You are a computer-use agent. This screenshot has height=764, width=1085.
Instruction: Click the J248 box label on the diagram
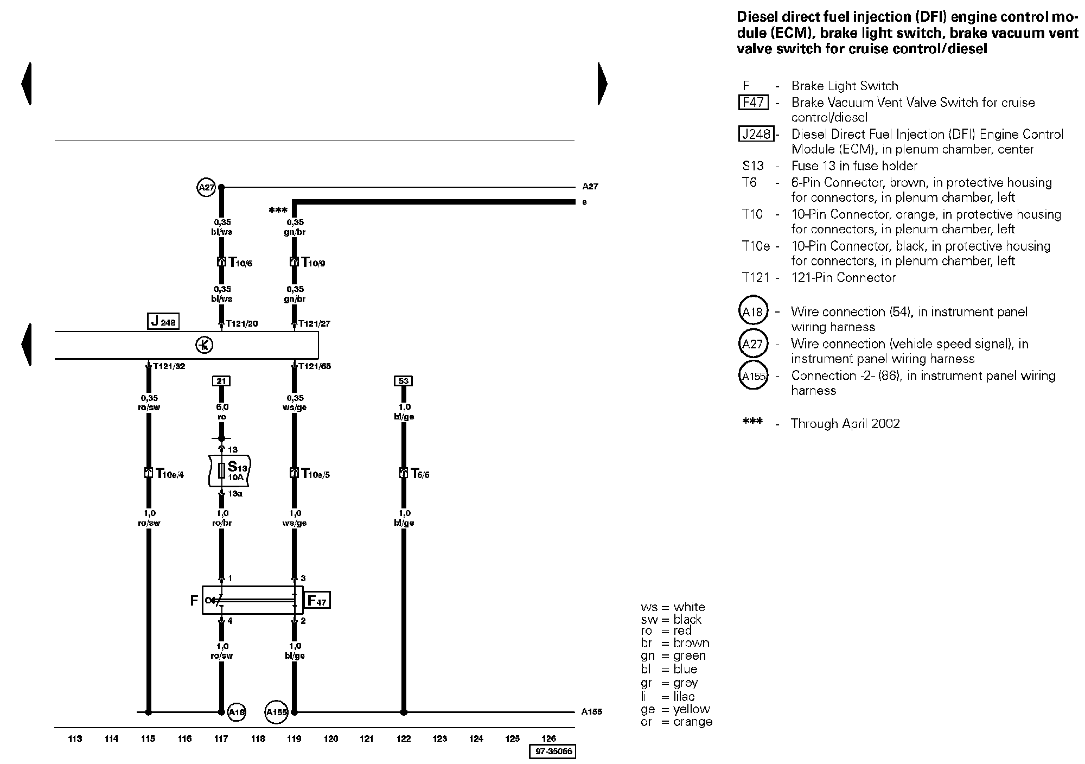[x=163, y=321]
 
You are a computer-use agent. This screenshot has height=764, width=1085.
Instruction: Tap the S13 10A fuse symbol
[x=221, y=471]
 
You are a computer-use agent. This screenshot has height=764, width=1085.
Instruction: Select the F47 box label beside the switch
[x=317, y=600]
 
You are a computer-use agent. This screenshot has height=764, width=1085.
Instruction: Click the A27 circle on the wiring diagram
[x=206, y=188]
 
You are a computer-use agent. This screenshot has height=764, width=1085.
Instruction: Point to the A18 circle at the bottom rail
[x=237, y=712]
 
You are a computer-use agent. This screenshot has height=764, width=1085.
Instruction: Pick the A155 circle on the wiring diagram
[x=276, y=712]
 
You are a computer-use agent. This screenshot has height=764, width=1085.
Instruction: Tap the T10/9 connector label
[x=314, y=263]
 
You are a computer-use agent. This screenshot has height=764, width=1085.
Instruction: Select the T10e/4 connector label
[x=170, y=474]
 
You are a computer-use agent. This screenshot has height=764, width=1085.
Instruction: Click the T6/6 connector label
[x=420, y=474]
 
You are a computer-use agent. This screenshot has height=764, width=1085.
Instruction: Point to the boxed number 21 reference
[x=221, y=381]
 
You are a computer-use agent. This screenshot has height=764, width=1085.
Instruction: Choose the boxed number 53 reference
[x=404, y=381]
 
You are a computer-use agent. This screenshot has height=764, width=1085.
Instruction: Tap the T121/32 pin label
[x=169, y=366]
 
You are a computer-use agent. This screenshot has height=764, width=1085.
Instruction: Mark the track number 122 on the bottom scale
[x=404, y=738]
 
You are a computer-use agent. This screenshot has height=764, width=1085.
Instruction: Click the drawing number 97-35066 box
[x=552, y=752]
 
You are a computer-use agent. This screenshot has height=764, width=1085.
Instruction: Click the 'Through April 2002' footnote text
[x=845, y=424]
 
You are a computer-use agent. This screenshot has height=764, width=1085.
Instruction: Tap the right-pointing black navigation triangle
[x=603, y=84]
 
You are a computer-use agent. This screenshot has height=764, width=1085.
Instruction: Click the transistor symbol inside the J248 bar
[x=205, y=345]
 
